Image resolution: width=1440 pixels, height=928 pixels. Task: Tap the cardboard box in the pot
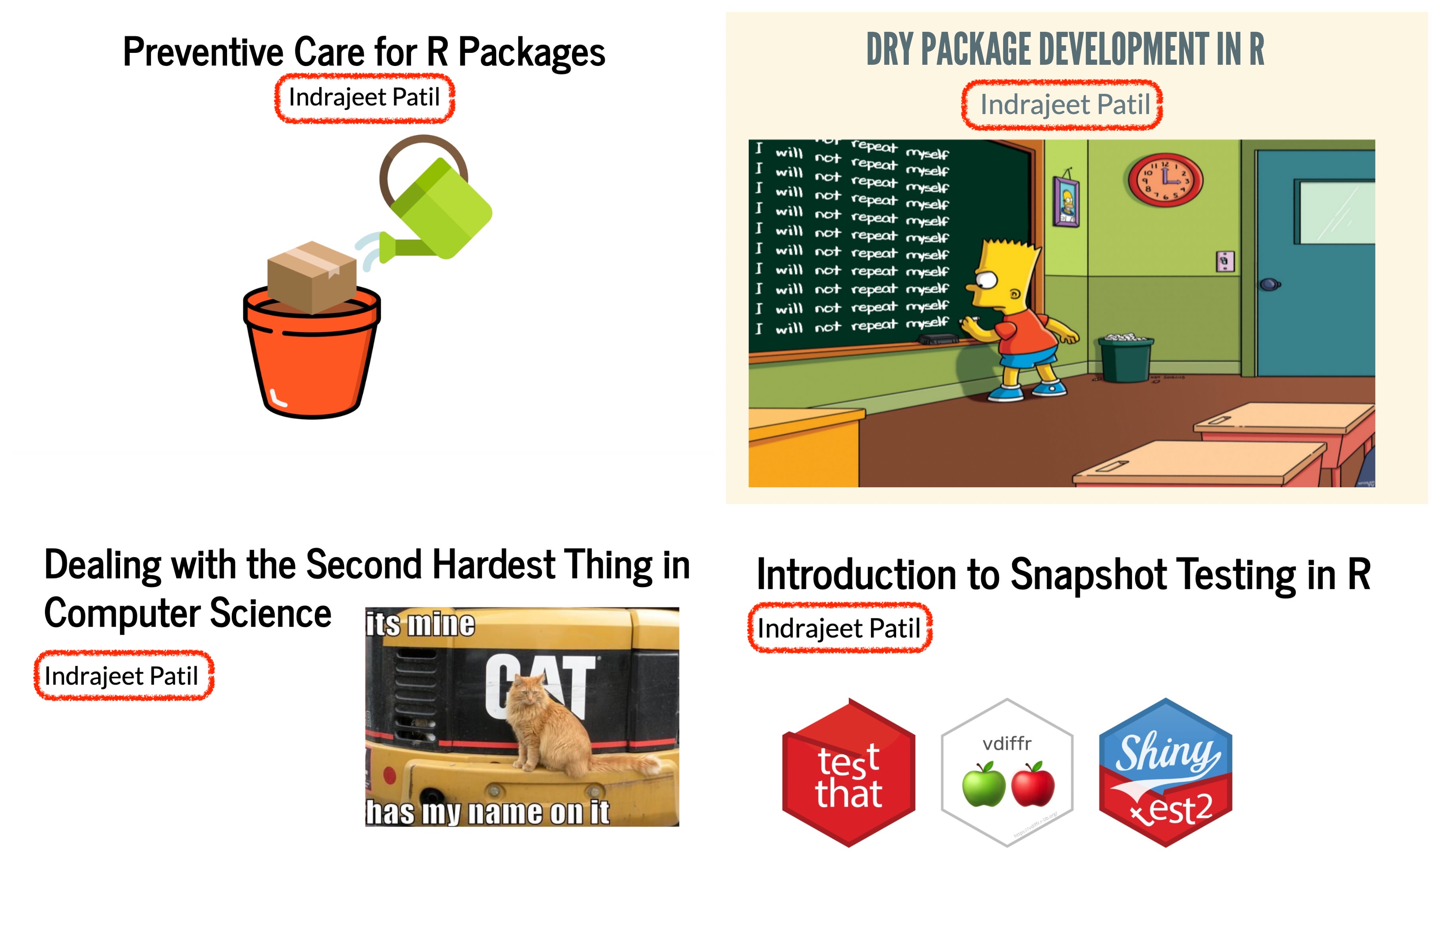coord(312,277)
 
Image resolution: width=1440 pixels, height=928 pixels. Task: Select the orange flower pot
coord(312,353)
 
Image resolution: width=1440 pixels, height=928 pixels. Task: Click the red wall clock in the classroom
coord(1165,180)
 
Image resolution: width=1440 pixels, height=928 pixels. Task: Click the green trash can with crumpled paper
coord(1126,358)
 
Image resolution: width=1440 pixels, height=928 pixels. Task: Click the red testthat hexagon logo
coord(849,773)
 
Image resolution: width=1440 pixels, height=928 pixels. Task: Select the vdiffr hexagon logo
coord(1007,773)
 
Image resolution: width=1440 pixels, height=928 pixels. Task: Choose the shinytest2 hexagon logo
coord(1165,773)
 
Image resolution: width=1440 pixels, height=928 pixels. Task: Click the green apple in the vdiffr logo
coord(984,784)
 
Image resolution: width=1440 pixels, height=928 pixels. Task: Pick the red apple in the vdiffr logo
coord(1032,784)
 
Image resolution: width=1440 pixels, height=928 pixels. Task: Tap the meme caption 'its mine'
coord(420,624)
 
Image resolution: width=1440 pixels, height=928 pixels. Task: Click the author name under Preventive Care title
coord(364,97)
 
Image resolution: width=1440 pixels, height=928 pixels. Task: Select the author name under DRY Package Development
coord(1065,104)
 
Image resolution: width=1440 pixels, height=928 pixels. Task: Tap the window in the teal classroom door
coord(1337,212)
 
